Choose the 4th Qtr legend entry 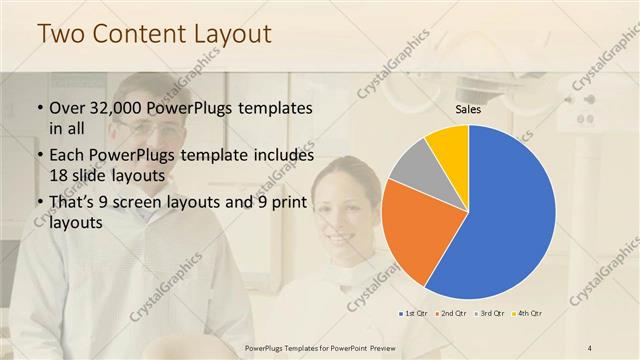(529, 313)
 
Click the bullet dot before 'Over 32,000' (39, 108)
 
